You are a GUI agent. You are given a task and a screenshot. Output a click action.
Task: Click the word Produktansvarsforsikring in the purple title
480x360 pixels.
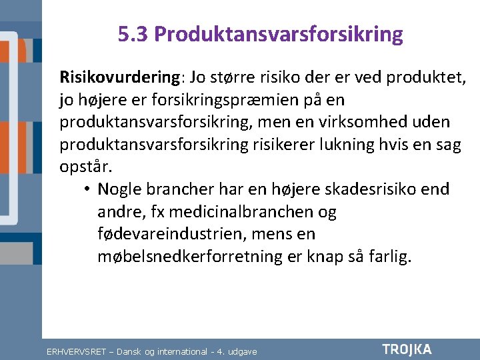tap(279, 34)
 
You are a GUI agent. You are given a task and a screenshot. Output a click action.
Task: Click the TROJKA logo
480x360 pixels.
tap(407, 349)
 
